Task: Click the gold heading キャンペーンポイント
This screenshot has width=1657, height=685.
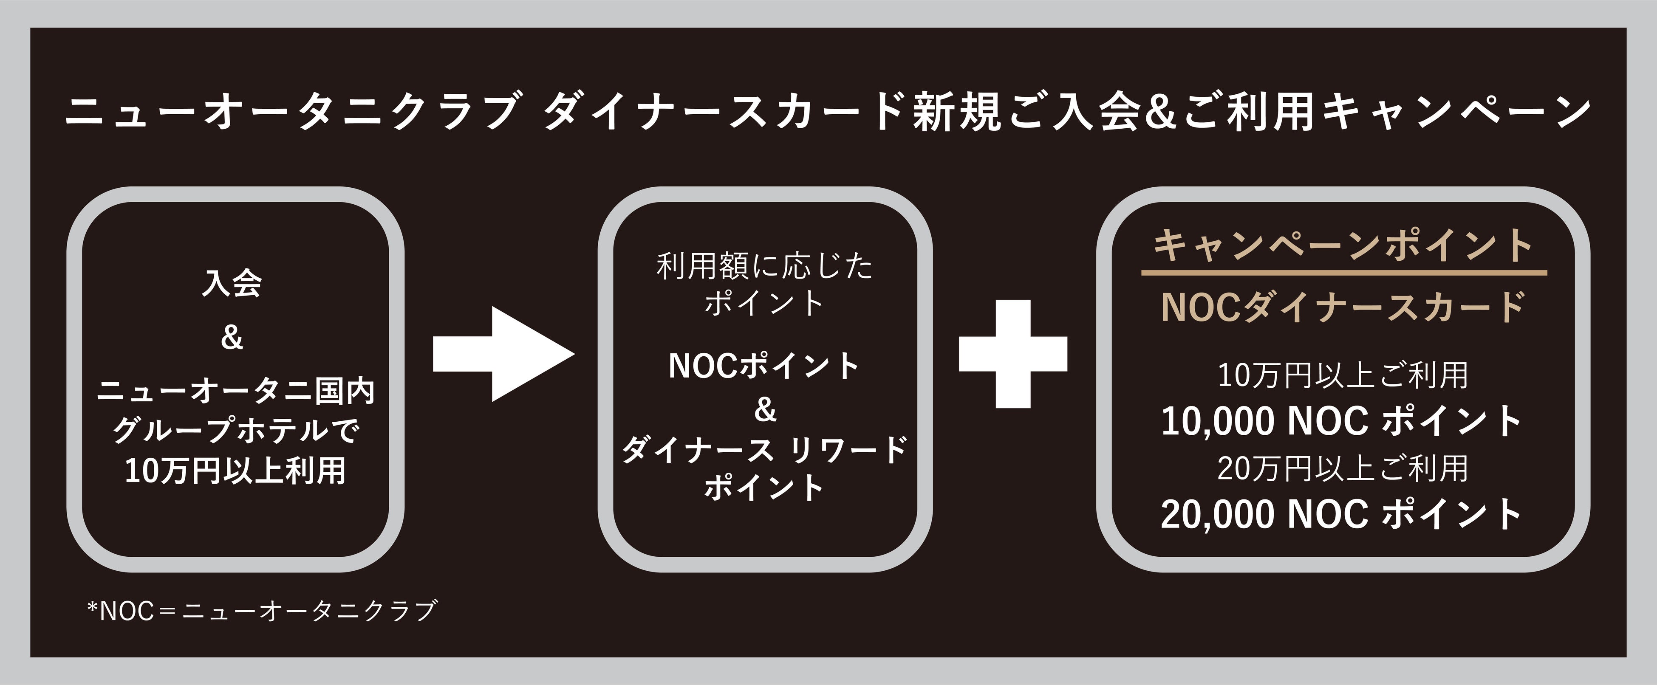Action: pyautogui.click(x=1343, y=246)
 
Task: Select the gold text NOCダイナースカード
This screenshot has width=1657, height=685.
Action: pyautogui.click(x=1343, y=307)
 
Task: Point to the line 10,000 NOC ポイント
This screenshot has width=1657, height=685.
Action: pyautogui.click(x=1342, y=421)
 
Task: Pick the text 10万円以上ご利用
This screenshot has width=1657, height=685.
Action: pyautogui.click(x=1343, y=375)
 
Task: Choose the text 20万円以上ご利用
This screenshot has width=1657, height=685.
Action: pyautogui.click(x=1343, y=468)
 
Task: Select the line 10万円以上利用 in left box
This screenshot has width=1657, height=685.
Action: pyautogui.click(x=235, y=470)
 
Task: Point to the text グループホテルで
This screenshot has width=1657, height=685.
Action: pyautogui.click(x=235, y=430)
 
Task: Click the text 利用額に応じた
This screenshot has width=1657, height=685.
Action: pyautogui.click(x=765, y=266)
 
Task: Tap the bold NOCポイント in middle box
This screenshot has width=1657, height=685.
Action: pyautogui.click(x=765, y=365)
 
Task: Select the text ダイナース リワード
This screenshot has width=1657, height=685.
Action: pyautogui.click(x=765, y=449)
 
